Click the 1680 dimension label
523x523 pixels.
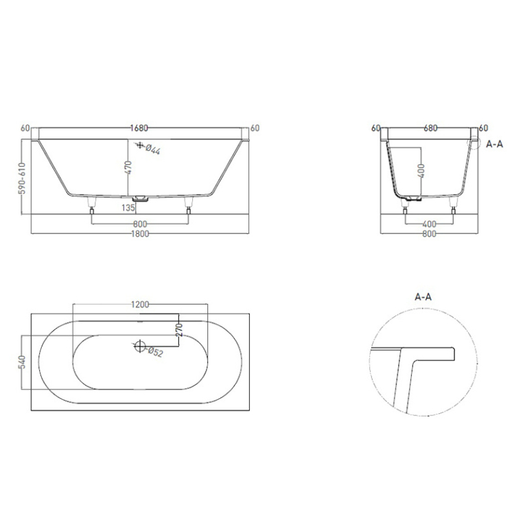[139, 128]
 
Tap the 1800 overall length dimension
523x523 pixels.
[140, 234]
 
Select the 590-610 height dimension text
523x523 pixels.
[22, 178]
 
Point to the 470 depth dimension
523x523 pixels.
[129, 167]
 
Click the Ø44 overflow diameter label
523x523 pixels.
[153, 150]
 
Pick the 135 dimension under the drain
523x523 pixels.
[128, 208]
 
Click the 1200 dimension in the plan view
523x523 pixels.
[140, 305]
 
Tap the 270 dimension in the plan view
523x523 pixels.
[179, 329]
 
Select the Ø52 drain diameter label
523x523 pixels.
[155, 352]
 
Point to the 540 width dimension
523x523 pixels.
[22, 362]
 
